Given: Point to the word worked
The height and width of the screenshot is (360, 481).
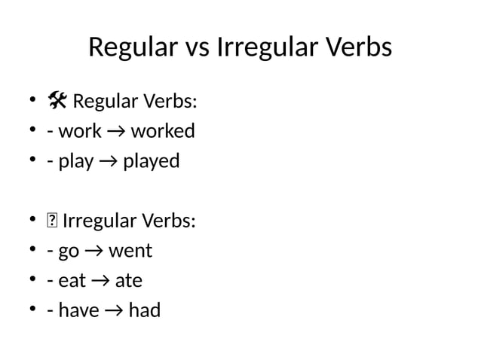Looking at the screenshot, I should [163, 131].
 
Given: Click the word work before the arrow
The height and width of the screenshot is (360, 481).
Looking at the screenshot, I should [80, 131].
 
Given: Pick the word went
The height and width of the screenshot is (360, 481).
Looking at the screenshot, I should [130, 251].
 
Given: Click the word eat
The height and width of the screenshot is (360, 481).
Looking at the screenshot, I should [72, 281].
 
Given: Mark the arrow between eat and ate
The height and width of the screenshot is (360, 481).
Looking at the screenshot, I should [101, 281].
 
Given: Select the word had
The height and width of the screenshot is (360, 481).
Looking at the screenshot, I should [144, 310].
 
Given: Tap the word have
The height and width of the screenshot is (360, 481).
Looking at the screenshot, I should [78, 310].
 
